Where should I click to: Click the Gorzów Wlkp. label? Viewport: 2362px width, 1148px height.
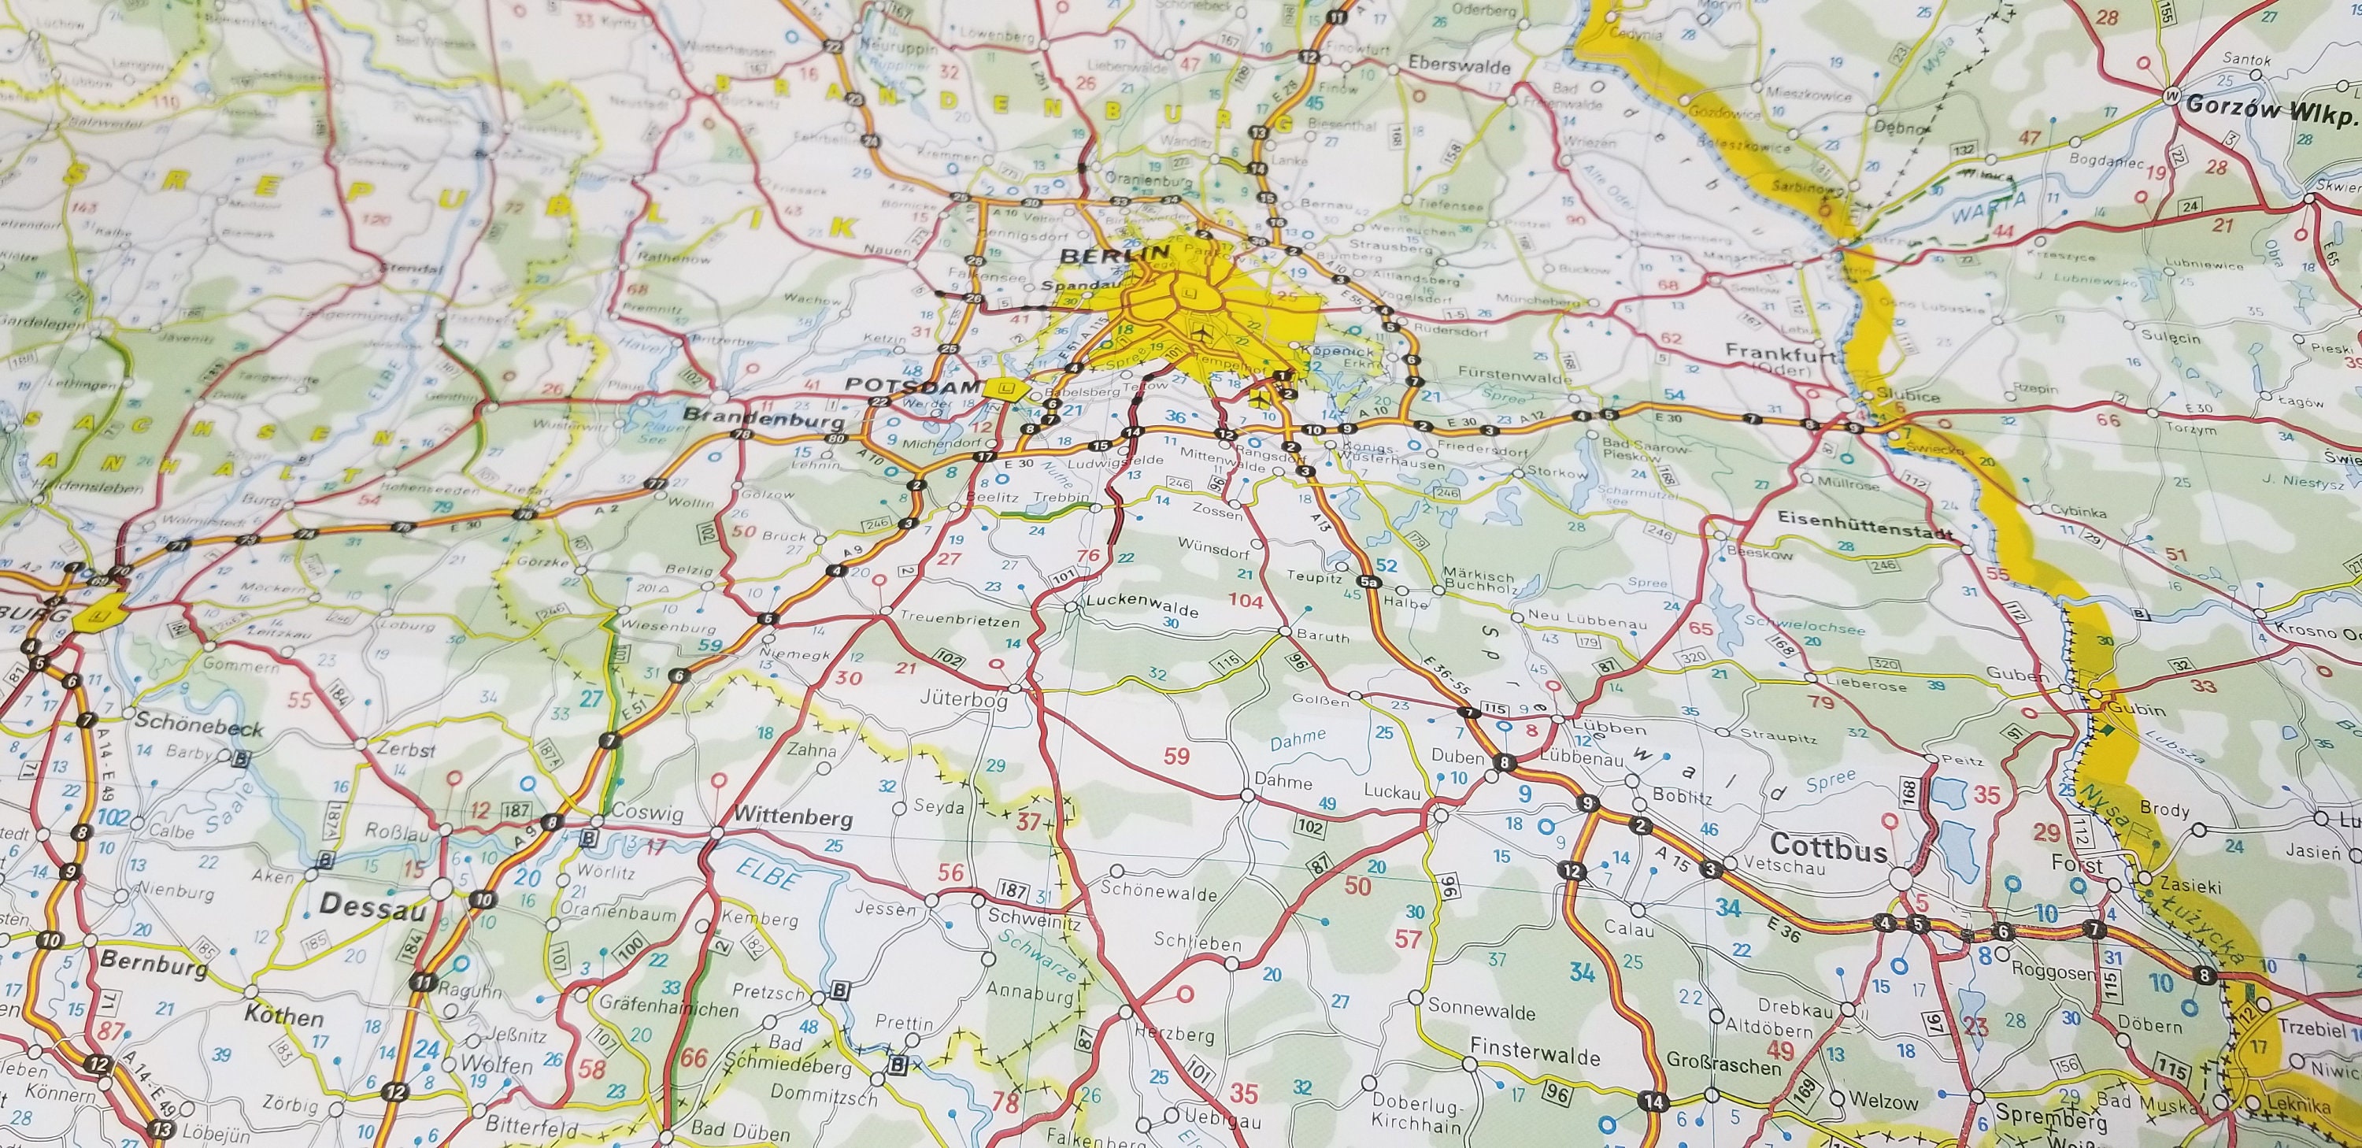coord(2268,106)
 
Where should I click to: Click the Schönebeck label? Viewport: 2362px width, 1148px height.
coord(198,724)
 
